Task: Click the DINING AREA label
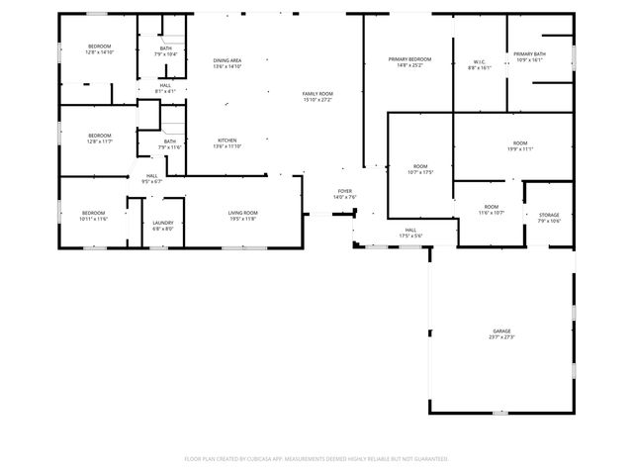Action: point(227,61)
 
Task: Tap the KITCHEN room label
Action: point(227,141)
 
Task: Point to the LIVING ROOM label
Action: point(242,213)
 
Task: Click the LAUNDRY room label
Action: point(163,223)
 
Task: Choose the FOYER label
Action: point(344,191)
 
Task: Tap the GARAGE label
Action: point(503,331)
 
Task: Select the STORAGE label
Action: point(549,215)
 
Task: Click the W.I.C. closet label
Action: point(479,62)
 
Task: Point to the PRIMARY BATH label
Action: point(530,53)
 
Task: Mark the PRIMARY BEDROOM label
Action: point(408,60)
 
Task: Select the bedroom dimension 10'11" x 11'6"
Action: point(94,219)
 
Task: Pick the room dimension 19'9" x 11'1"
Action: point(520,149)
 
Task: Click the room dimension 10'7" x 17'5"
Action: point(420,171)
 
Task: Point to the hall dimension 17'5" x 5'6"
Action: point(410,236)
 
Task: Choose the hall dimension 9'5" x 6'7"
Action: point(151,182)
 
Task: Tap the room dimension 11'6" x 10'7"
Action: point(492,213)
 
